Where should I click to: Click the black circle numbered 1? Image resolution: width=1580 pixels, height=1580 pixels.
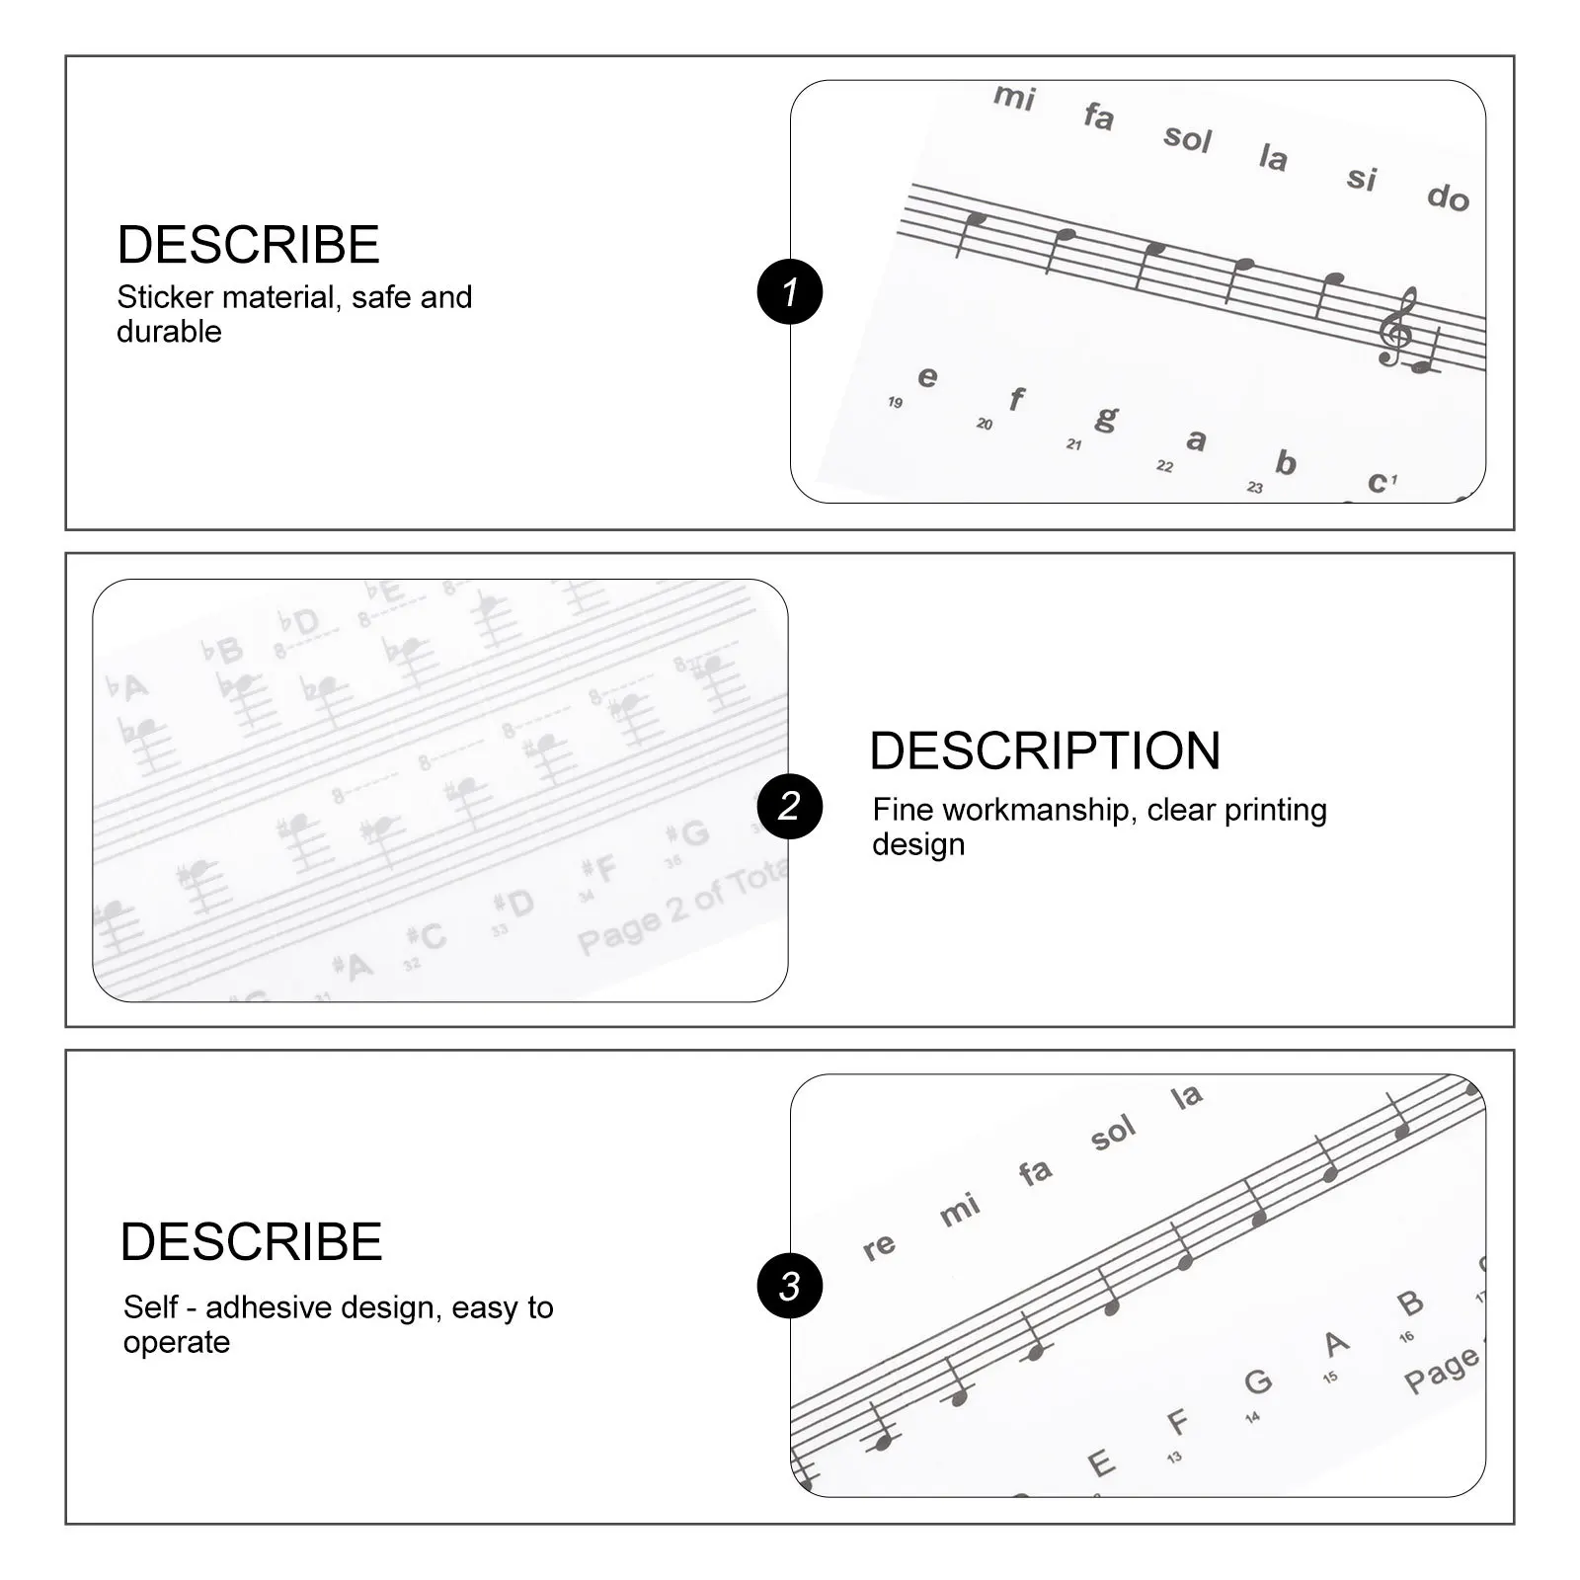790,291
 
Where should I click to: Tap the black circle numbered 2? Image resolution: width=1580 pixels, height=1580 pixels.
790,806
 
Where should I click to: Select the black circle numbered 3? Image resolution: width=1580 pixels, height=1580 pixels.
790,1286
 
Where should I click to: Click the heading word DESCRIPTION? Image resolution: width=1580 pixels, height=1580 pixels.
1045,750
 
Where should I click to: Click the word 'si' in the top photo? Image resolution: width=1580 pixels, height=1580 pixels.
1362,178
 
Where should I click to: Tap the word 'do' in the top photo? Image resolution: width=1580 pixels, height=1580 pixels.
1448,197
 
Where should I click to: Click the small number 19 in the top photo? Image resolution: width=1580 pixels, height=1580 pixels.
895,402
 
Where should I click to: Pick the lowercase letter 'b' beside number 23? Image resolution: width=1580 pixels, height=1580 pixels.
1285,461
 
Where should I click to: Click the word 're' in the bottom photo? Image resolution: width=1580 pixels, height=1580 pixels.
879,1247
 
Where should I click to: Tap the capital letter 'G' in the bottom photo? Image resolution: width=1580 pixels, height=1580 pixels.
1257,1381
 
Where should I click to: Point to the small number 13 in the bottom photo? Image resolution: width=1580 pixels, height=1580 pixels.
1174,1457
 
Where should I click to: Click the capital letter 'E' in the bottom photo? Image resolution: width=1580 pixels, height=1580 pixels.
1100,1463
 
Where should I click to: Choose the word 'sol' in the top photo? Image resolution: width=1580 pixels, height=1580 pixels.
1187,137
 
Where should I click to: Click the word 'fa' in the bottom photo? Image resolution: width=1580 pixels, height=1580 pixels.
1035,1171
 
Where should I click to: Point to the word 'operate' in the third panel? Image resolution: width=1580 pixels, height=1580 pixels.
177,1343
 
